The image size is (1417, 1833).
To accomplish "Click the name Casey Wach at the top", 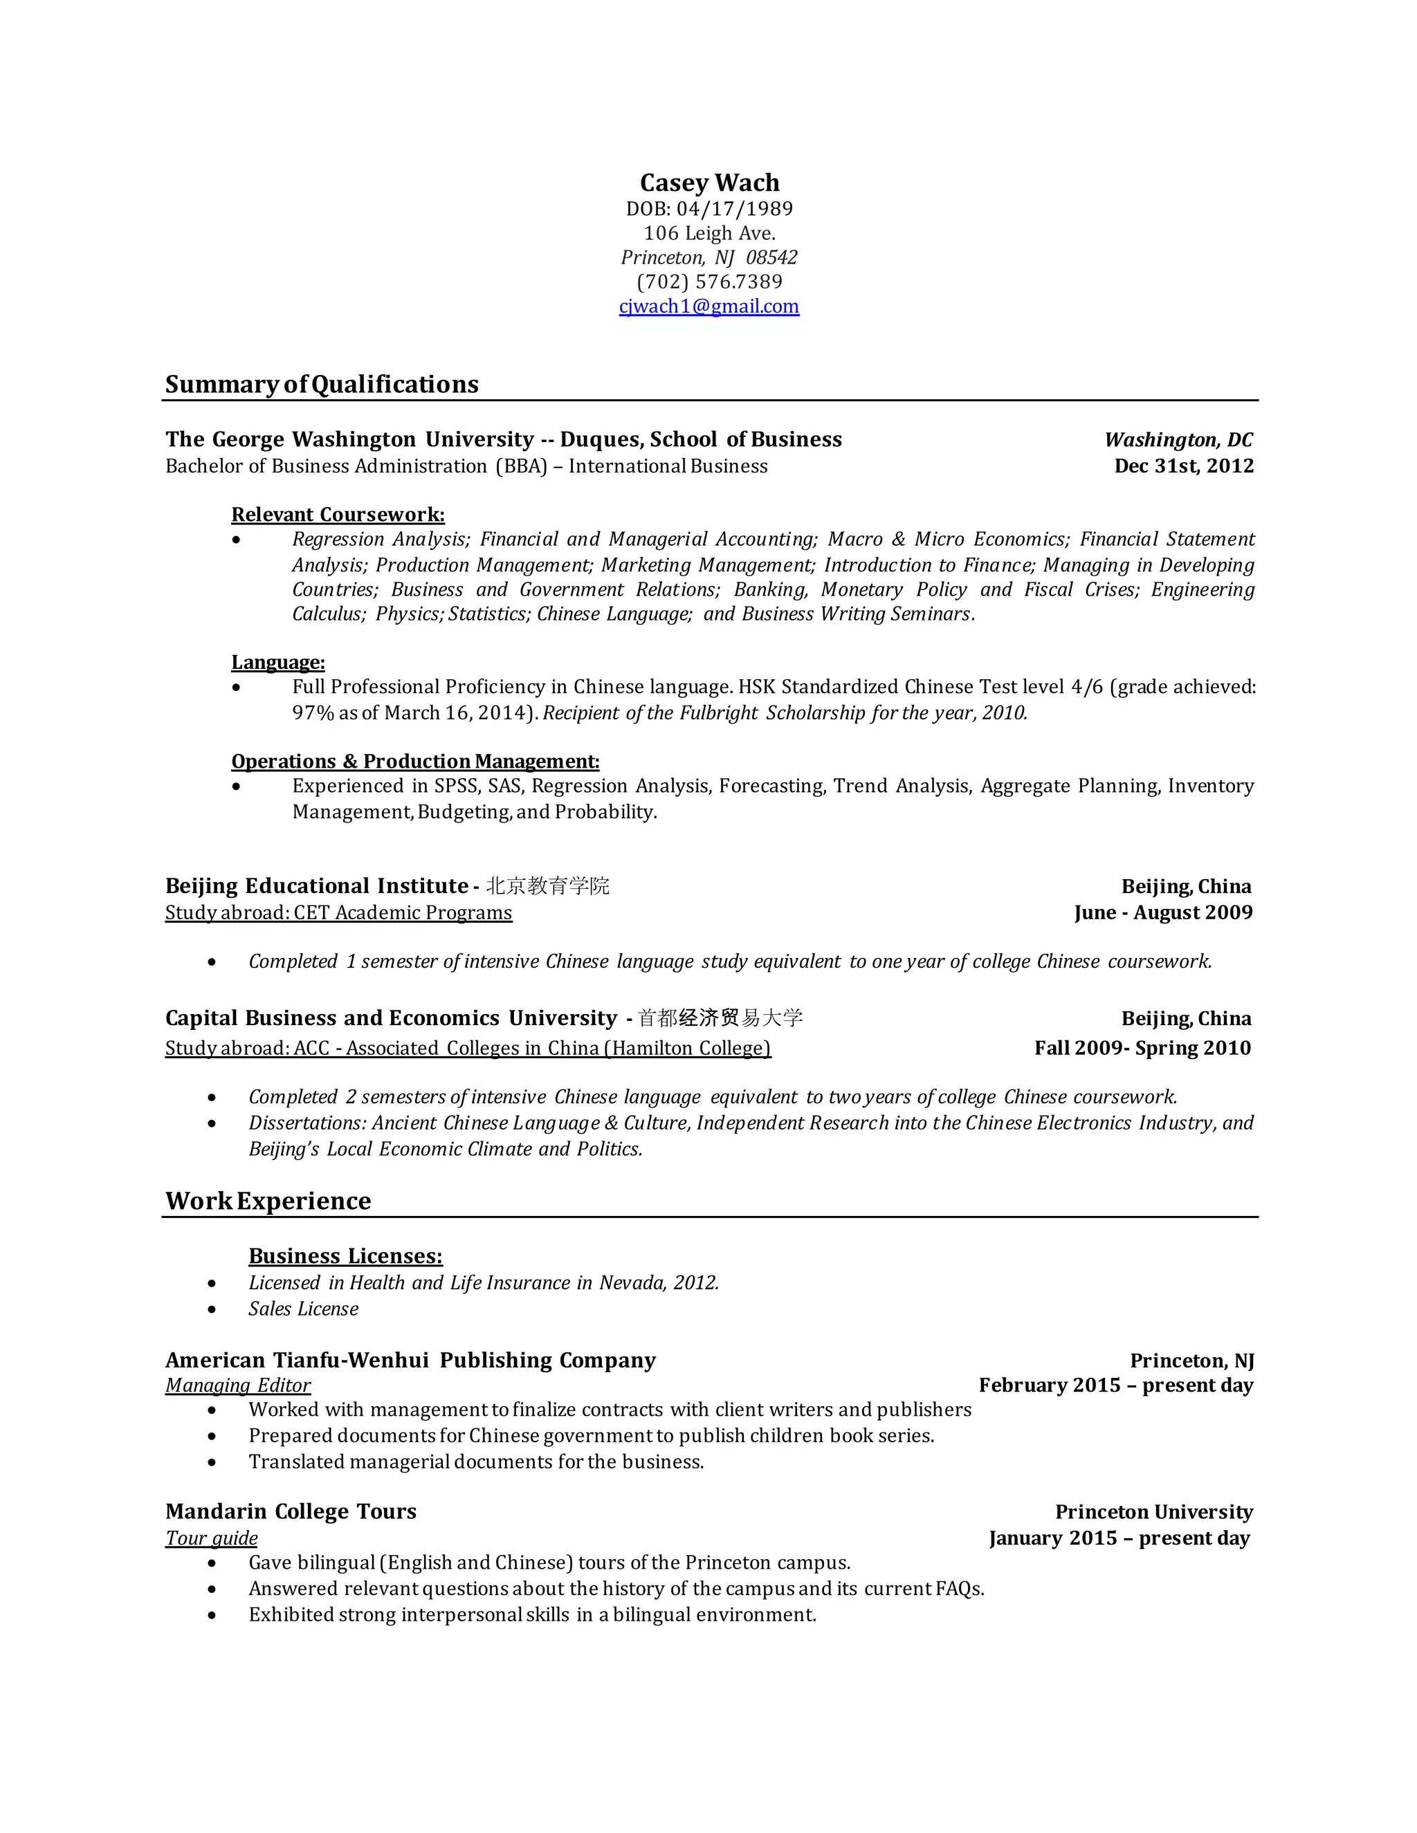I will [709, 183].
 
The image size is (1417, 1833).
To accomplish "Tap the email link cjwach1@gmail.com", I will [709, 306].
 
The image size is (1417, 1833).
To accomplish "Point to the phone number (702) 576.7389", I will [709, 282].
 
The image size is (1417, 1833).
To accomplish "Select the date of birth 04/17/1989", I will [735, 208].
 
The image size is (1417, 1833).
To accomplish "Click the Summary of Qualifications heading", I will [322, 385].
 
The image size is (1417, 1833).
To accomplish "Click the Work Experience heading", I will [268, 1201].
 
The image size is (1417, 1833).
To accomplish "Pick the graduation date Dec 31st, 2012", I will [1184, 466].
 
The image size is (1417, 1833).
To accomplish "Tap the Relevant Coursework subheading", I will [338, 515].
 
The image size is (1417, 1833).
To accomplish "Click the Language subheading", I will [278, 662].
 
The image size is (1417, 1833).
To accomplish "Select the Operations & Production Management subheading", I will [416, 762].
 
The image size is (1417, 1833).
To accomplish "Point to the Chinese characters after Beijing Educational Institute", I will [548, 886].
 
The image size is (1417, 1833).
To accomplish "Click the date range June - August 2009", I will [1162, 912].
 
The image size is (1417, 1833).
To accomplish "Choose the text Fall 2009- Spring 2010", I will [1142, 1047].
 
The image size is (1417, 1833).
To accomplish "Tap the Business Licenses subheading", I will [345, 1256].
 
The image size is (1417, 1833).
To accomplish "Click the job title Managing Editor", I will [237, 1385].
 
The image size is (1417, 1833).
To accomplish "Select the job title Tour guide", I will [212, 1538].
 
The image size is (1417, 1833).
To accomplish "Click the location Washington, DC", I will [1178, 440].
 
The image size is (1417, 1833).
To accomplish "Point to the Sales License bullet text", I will [303, 1309].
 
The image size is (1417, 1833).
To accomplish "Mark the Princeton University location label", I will [1153, 1511].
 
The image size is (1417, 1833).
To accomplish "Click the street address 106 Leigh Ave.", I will [709, 233].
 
